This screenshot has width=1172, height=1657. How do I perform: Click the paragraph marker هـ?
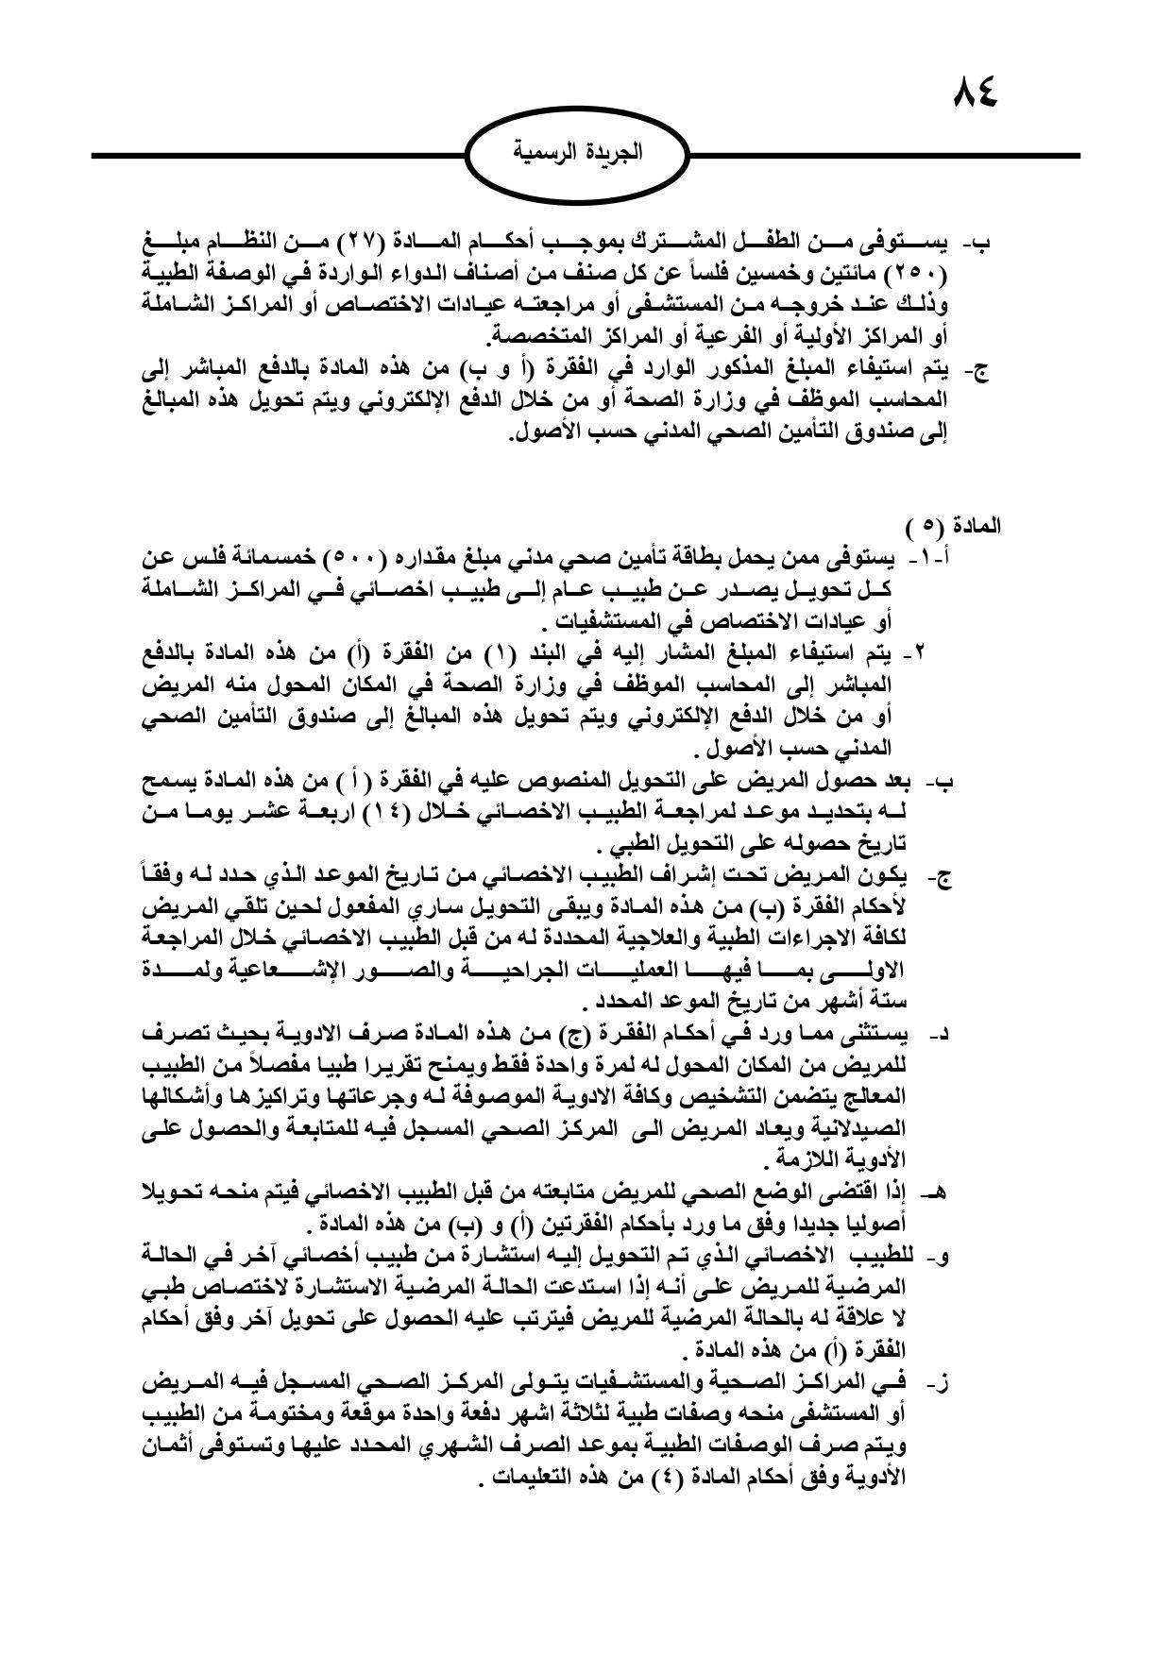pyautogui.click(x=937, y=1193)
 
